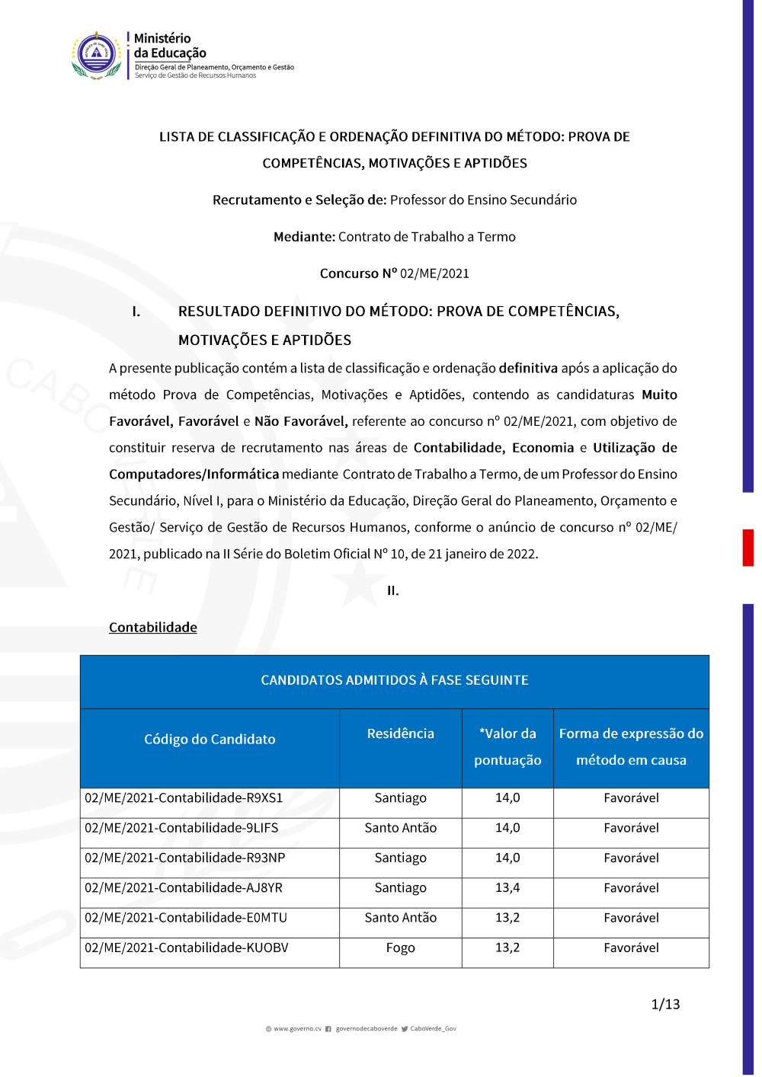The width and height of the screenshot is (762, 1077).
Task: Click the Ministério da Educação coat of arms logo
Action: pyautogui.click(x=97, y=55)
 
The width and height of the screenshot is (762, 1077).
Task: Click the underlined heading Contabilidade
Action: pyautogui.click(x=153, y=628)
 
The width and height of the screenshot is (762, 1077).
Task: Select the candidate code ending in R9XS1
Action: pyautogui.click(x=184, y=798)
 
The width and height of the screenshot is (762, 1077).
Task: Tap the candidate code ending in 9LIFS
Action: pyautogui.click(x=181, y=828)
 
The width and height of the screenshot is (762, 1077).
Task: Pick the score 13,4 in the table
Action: pyautogui.click(x=507, y=888)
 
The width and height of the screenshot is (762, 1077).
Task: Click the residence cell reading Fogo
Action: pyautogui.click(x=400, y=948)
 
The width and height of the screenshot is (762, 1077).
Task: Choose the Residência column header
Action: pyautogui.click(x=400, y=733)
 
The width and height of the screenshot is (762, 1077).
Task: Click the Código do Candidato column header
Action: pyautogui.click(x=210, y=740)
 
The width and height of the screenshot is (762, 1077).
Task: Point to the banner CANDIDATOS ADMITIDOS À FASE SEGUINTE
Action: pyautogui.click(x=394, y=680)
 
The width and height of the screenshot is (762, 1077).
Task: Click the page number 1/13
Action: pyautogui.click(x=665, y=1005)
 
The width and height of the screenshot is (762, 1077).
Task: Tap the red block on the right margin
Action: pyautogui.click(x=748, y=548)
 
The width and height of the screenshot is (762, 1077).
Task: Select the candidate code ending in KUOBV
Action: pyautogui.click(x=187, y=948)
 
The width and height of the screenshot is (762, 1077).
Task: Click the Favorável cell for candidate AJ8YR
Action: pyautogui.click(x=631, y=888)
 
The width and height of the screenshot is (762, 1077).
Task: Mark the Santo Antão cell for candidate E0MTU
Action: pyautogui.click(x=400, y=918)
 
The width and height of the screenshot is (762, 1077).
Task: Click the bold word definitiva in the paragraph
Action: pyautogui.click(x=528, y=369)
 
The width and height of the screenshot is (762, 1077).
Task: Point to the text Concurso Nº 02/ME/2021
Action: pyautogui.click(x=394, y=273)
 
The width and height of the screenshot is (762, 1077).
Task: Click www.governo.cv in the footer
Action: pyautogui.click(x=297, y=1029)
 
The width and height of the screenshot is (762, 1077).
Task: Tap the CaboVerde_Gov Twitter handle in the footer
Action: pyautogui.click(x=433, y=1029)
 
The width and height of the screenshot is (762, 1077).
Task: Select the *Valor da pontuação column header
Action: pyautogui.click(x=507, y=746)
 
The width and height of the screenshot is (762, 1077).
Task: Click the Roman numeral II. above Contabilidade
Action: pyautogui.click(x=392, y=591)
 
